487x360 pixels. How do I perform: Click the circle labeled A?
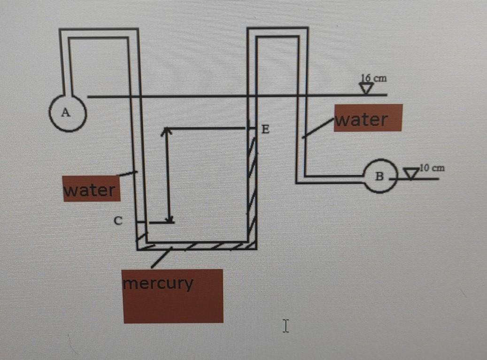coord(67,113)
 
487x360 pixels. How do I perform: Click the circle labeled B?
coord(380,176)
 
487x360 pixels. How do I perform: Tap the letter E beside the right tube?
coord(265,130)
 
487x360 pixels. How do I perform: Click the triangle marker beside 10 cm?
coord(412,175)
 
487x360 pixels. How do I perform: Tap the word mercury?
coord(158,283)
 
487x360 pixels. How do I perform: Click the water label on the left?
coord(89,191)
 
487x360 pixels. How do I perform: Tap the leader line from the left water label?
coord(127,174)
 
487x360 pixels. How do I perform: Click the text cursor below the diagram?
coord(285,325)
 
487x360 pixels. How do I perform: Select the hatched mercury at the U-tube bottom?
coord(197,246)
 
